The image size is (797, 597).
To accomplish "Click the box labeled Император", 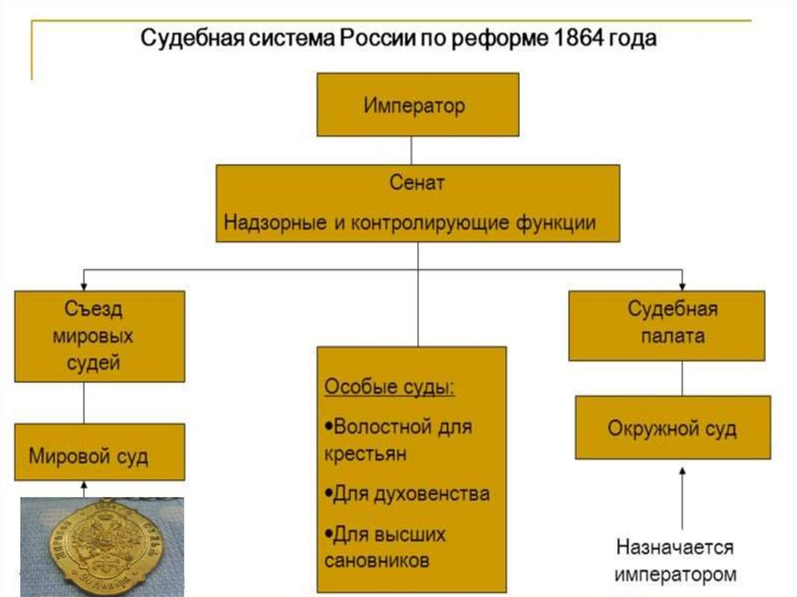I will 417,105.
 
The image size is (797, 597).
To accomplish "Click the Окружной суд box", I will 672,428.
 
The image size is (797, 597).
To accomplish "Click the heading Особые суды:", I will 389,388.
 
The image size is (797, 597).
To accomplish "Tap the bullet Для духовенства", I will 406,493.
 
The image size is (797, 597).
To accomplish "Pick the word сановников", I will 376,560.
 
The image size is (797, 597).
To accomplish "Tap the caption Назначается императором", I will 675,560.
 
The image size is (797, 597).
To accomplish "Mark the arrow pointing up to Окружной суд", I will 682,498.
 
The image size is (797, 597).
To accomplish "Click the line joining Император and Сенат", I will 411,150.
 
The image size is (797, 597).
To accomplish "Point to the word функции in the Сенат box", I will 556,223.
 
